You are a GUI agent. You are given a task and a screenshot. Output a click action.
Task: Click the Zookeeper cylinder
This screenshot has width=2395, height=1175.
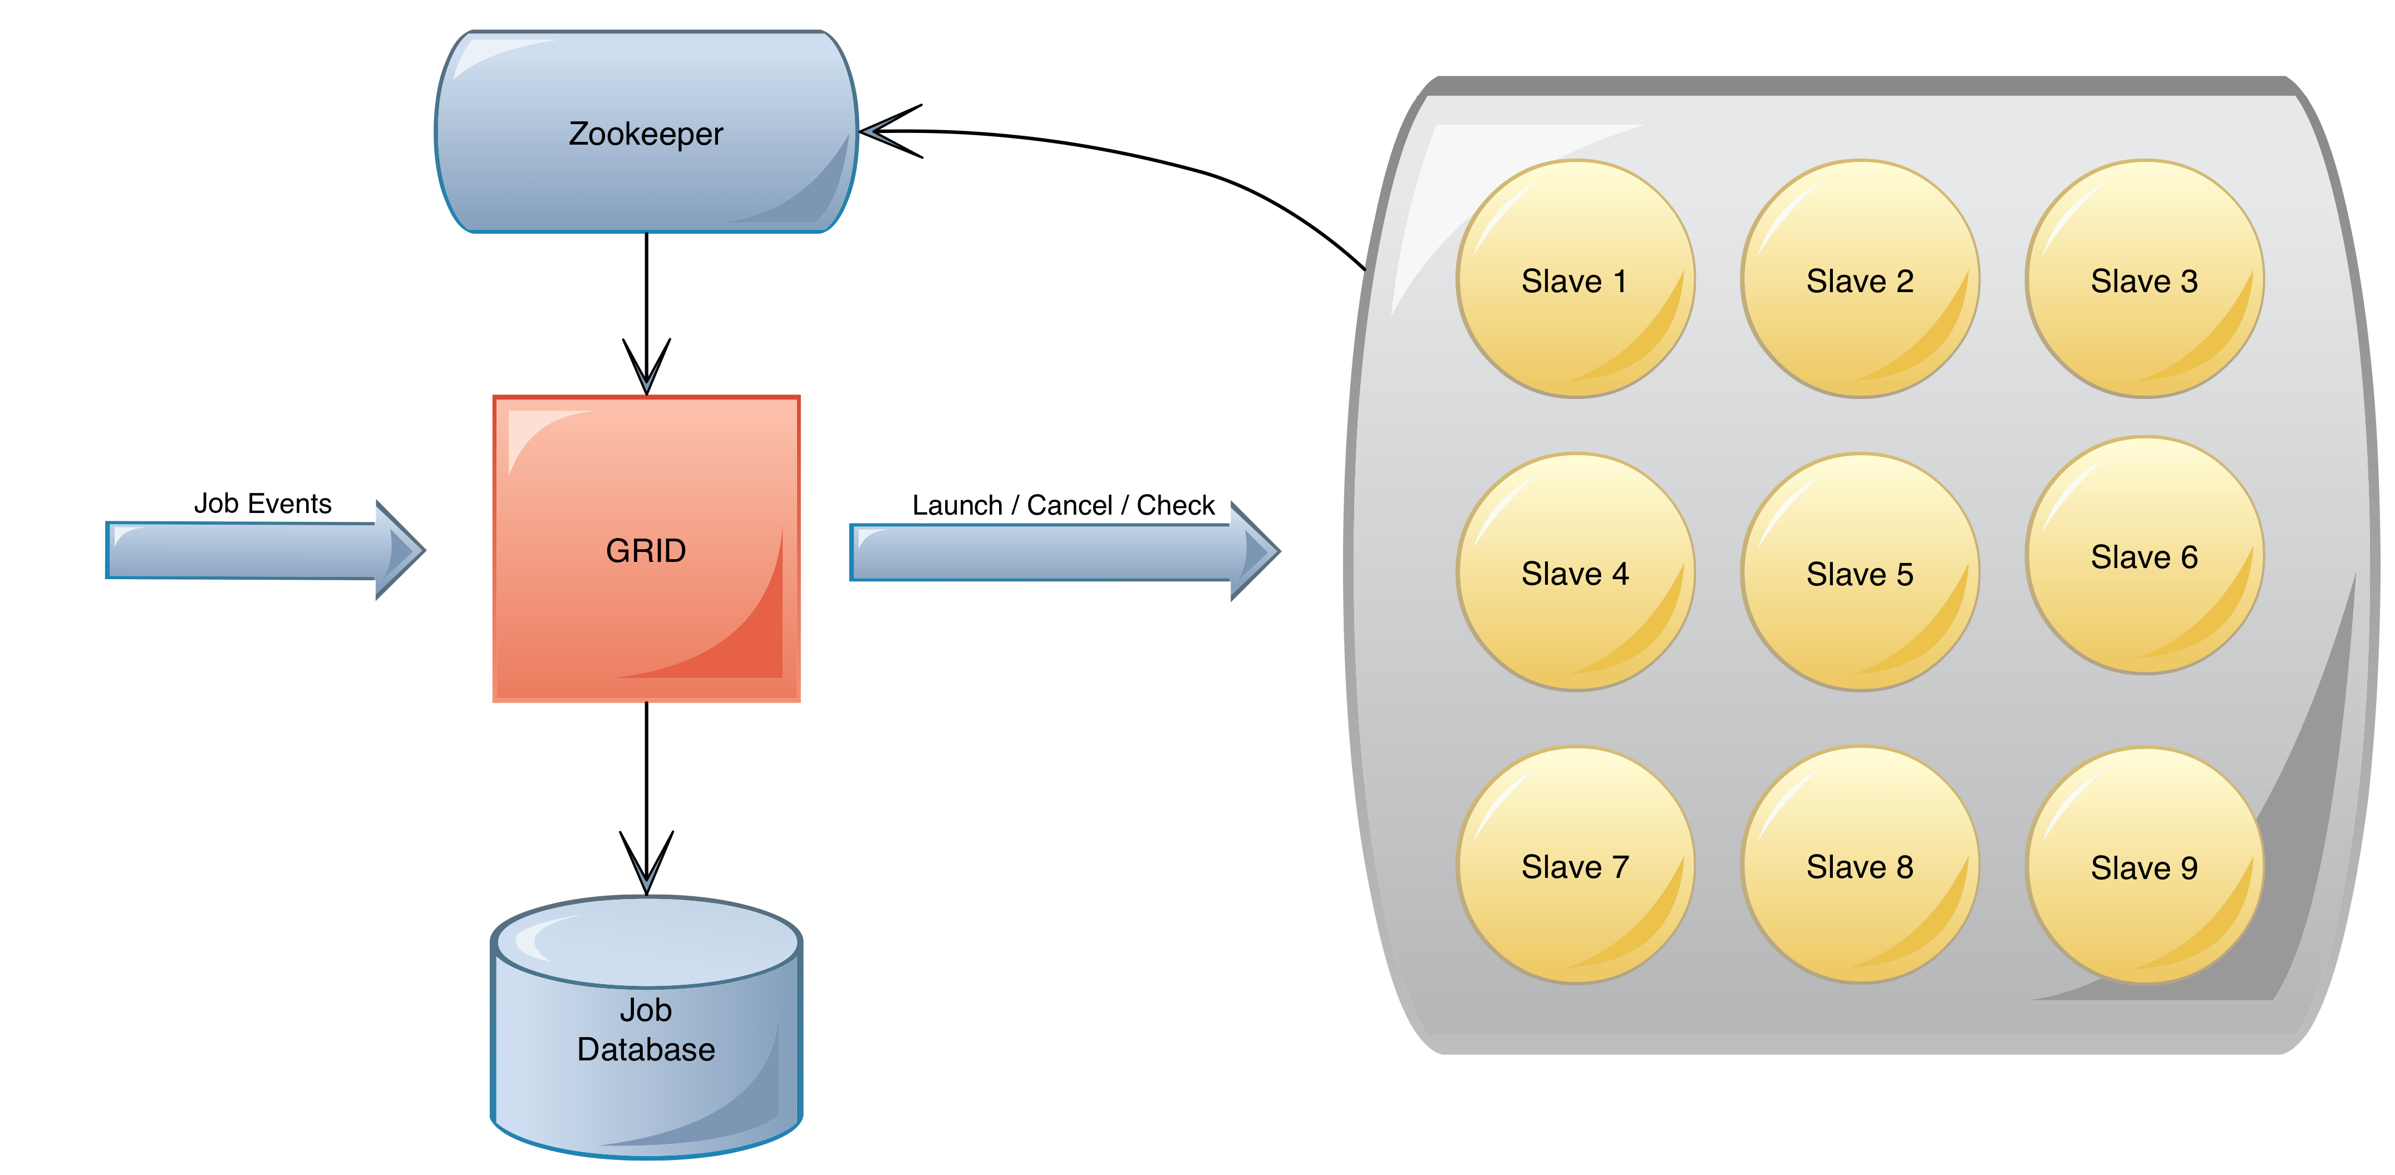(646, 132)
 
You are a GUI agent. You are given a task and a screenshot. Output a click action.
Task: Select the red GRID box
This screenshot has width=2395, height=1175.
(646, 549)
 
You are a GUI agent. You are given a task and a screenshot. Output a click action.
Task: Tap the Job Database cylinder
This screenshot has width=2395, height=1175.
(646, 1027)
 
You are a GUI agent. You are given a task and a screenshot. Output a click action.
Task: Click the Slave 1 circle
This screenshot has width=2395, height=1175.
(1575, 279)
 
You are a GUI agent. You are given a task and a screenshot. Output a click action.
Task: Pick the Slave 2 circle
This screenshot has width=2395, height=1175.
(1860, 279)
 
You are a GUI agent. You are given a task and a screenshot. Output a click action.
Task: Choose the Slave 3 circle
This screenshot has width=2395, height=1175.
(2144, 279)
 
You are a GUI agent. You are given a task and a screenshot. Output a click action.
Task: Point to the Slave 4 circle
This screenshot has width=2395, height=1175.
(1575, 572)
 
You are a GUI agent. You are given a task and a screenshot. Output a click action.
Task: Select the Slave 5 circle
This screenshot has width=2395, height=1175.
(1860, 572)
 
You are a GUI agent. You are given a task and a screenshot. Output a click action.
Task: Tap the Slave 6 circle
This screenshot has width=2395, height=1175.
(2144, 555)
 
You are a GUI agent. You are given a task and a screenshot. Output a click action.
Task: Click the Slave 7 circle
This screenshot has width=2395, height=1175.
(1575, 865)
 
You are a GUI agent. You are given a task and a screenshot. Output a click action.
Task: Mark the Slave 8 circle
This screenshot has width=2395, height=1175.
(1860, 865)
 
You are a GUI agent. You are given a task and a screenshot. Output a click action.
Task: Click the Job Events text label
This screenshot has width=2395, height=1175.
(262, 503)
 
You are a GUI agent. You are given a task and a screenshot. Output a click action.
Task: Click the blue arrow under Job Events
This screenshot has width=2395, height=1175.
(265, 550)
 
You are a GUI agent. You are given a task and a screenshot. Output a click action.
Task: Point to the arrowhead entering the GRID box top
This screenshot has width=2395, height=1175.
(646, 367)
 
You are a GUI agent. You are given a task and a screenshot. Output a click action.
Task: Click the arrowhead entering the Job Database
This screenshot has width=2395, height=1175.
(646, 863)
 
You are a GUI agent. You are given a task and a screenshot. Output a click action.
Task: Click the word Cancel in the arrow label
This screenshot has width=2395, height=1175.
(1069, 505)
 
